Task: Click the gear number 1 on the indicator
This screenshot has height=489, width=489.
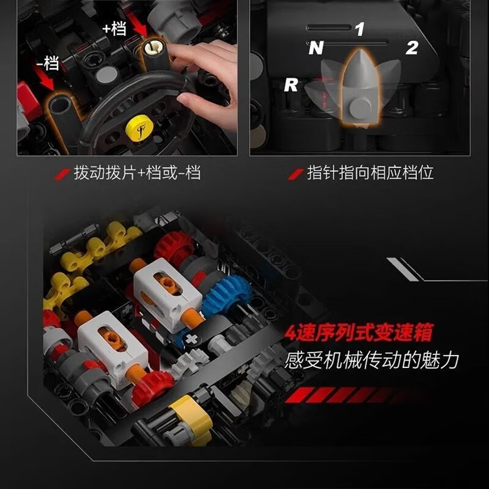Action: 359,29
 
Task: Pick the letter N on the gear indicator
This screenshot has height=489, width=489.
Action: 315,48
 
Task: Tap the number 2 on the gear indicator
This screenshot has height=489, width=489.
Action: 411,48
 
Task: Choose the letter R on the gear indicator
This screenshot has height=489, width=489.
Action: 290,86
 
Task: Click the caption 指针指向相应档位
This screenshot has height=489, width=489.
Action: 370,173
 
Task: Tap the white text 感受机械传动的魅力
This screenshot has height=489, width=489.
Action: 371,359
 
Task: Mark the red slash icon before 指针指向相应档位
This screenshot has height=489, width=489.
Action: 298,174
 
